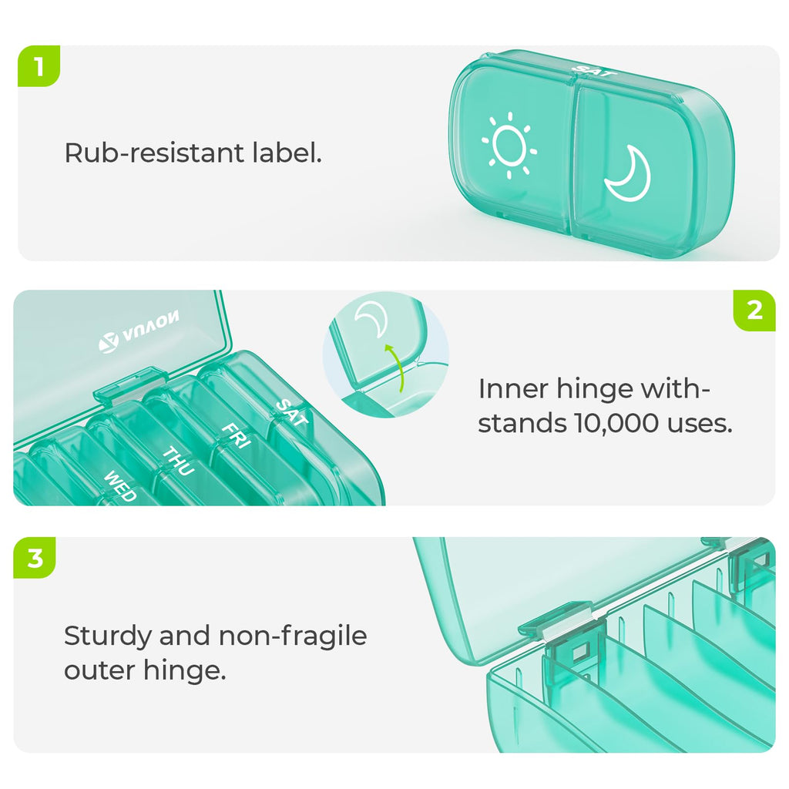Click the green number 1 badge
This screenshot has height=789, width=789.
39,66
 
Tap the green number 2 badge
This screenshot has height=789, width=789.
754,311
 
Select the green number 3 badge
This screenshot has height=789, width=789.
35,558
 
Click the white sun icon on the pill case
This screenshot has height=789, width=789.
509,146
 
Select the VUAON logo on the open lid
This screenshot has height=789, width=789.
139,331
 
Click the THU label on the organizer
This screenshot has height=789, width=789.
178,461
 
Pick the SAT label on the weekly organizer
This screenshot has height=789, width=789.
292,412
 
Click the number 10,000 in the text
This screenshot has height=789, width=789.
616,423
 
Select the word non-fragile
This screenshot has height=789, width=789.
293,636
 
